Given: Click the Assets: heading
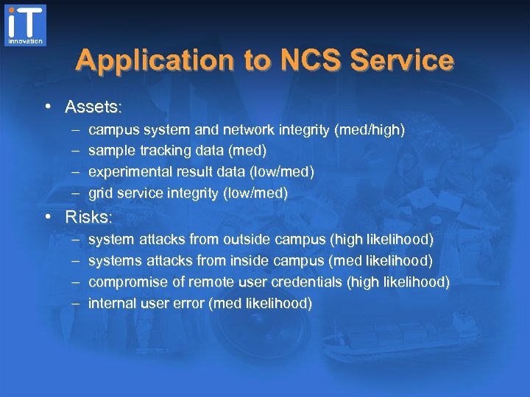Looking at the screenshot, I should click(93, 107).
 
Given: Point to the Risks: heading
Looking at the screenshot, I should click(90, 217).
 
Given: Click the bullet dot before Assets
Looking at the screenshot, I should click(47, 107).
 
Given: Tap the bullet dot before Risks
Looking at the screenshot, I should click(47, 217).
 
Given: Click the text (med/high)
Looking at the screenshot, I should click(370, 129).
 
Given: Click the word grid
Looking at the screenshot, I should click(101, 193).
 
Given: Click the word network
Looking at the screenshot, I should click(246, 129).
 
